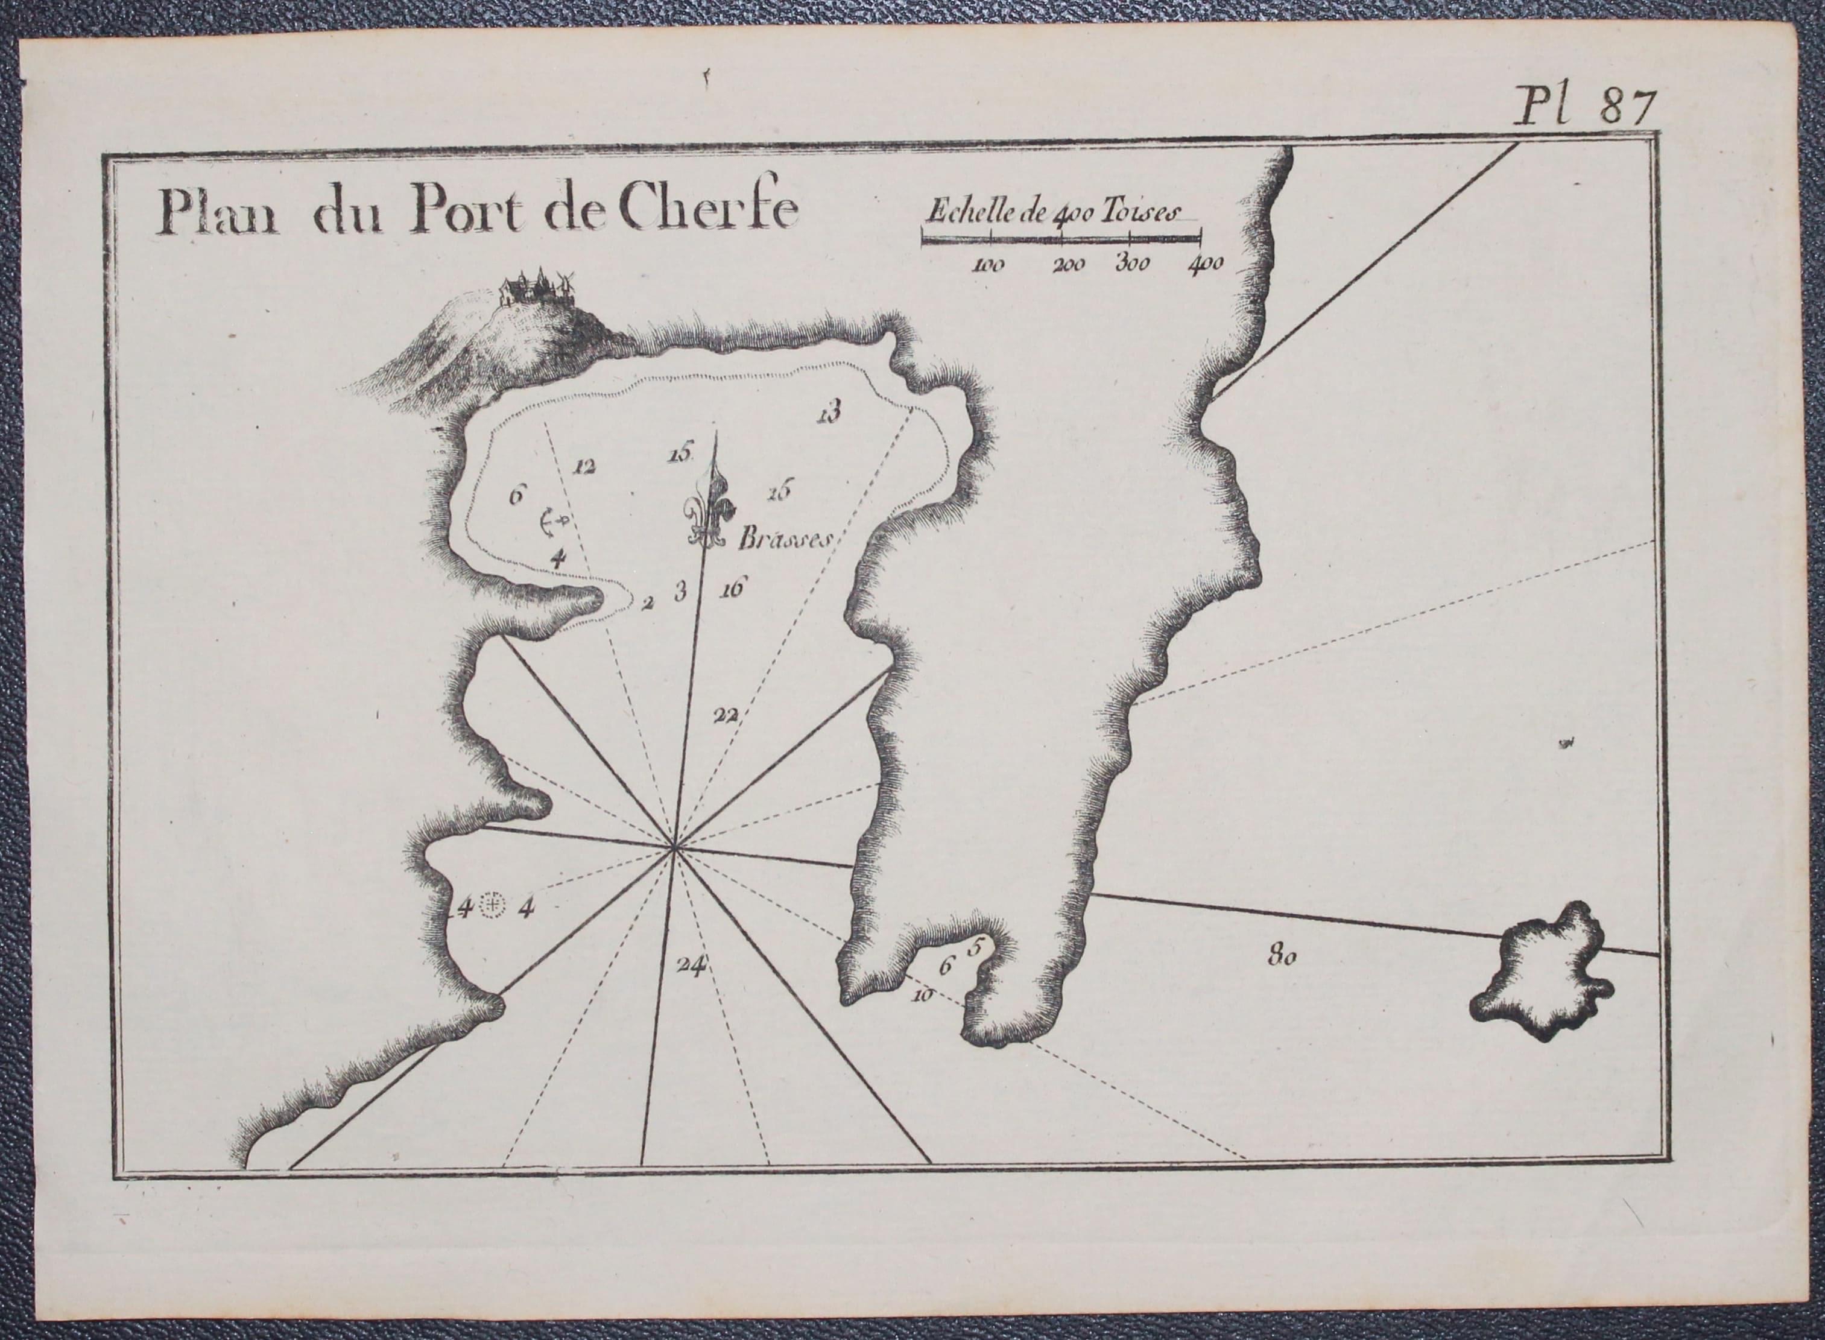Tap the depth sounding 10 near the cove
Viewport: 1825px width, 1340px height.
[922, 996]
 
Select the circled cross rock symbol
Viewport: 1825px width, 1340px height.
[494, 905]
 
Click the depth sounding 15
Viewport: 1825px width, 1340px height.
[678, 454]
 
